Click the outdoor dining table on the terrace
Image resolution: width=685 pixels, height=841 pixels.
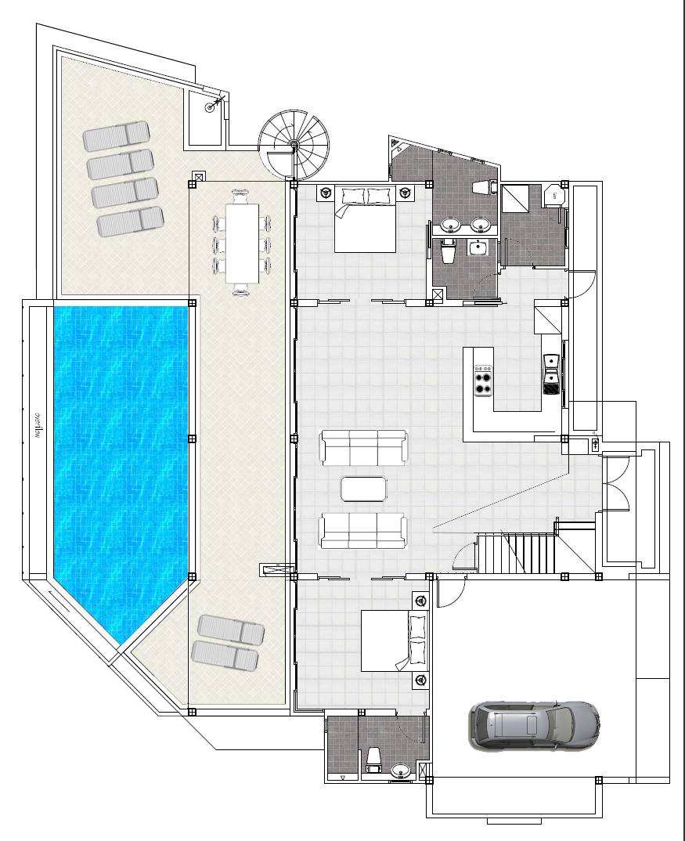pos(241,243)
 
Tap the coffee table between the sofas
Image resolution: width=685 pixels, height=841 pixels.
pos(363,489)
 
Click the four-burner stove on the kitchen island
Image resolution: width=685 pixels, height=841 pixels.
pos(483,379)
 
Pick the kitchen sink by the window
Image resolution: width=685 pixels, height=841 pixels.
pos(551,362)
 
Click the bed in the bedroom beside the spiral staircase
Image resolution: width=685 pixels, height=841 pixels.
pos(365,220)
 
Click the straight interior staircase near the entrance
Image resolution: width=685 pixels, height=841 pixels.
pos(516,553)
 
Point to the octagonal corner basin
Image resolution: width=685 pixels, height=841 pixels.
pos(555,193)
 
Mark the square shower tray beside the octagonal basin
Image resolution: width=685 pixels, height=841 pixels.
pos(517,200)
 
